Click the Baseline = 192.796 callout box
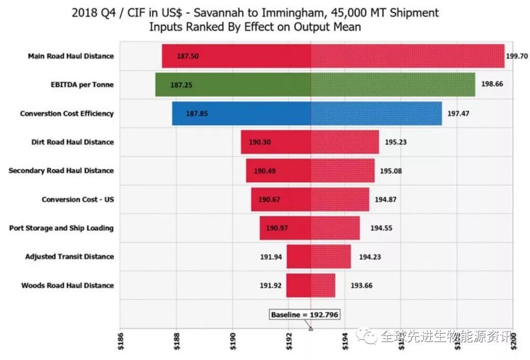tap(305, 314)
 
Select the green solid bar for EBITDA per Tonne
tap(233, 85)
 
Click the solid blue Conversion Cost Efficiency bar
tap(241, 113)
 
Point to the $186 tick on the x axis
tap(120, 339)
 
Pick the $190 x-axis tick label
tap(233, 339)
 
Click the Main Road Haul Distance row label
tap(71, 56)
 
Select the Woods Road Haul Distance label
tap(68, 285)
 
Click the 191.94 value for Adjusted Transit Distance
tap(270, 257)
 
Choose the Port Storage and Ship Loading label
tap(61, 228)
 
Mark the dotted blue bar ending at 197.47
tap(376, 113)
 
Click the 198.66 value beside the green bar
tap(492, 84)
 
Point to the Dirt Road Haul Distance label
tap(72, 142)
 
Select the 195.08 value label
tap(391, 171)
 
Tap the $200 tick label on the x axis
tap(513, 339)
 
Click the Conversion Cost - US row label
tap(78, 200)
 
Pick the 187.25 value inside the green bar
tap(181, 85)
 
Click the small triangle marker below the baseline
tap(311, 329)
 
